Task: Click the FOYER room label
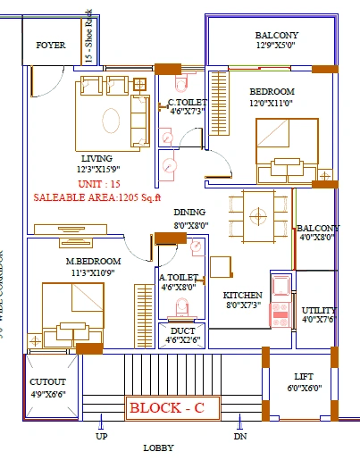pos(50,46)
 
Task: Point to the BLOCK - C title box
pos(168,408)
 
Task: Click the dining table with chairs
pos(257,215)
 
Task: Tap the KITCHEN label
pos(241,295)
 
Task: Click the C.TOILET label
pos(188,103)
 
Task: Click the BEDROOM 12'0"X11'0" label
pos(272,92)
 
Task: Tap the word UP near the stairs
pos(101,437)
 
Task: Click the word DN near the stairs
pos(240,437)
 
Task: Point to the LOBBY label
pos(158,448)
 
